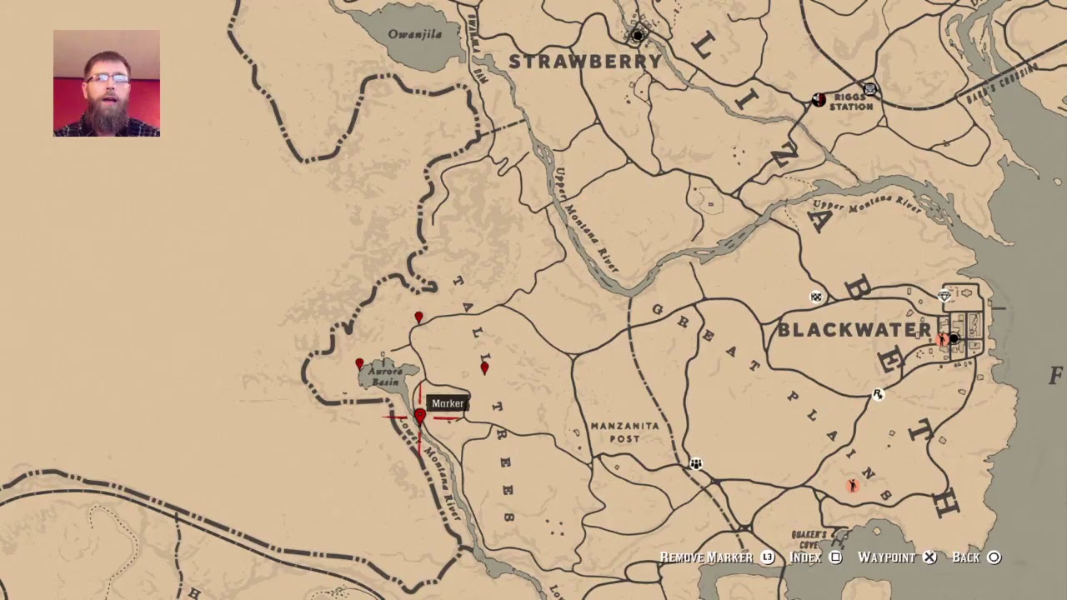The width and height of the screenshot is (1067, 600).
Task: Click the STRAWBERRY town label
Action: point(585,62)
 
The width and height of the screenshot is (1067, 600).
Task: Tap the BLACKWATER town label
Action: point(854,330)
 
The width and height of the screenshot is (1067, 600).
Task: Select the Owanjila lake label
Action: point(414,34)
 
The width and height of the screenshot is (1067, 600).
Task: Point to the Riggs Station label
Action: point(850,102)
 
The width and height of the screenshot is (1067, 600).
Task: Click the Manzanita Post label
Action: point(624,432)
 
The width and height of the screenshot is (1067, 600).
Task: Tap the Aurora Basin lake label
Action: point(385,377)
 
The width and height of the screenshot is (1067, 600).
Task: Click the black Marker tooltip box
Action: point(448,403)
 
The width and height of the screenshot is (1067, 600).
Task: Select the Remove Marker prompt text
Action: point(706,557)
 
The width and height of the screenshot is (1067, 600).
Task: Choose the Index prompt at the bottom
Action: point(805,557)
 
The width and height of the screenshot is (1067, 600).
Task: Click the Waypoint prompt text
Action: point(886,557)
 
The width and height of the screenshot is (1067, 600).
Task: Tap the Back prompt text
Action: point(966,557)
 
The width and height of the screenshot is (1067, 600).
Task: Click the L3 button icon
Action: point(768,557)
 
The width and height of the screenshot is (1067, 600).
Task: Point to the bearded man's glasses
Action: point(107,78)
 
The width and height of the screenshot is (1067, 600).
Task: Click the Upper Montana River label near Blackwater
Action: point(866,202)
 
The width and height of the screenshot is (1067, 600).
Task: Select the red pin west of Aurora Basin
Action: point(359,363)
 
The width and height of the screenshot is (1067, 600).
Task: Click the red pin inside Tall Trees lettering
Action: point(484,367)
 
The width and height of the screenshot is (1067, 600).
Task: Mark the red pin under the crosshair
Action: point(420,415)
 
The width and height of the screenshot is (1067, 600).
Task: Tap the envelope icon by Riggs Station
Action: point(870,88)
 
